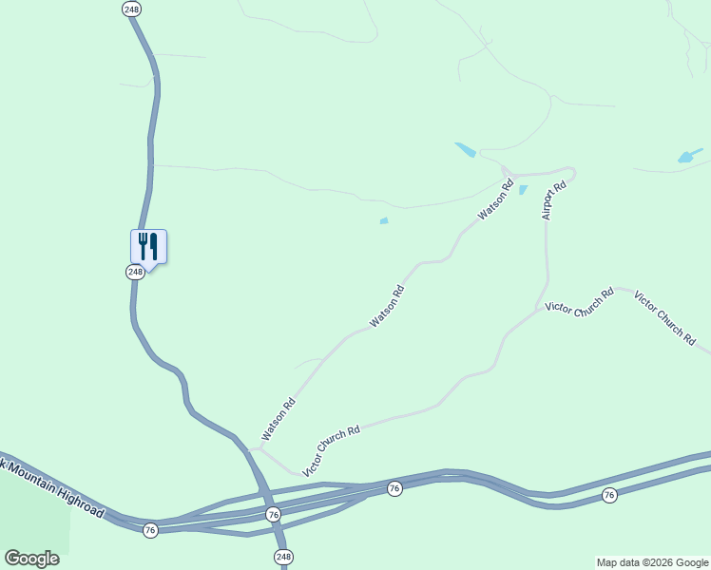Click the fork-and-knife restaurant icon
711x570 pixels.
[148, 246]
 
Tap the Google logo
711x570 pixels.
[32, 559]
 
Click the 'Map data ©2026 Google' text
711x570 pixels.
[652, 562]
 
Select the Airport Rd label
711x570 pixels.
[553, 200]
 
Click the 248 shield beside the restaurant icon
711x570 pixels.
[135, 272]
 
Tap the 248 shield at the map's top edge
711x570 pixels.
[132, 9]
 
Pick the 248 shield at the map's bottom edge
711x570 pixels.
[283, 556]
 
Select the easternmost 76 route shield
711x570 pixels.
[609, 495]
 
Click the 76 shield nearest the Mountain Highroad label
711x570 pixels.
[150, 529]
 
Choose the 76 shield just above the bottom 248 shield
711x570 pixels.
[274, 514]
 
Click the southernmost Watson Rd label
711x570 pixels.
[279, 419]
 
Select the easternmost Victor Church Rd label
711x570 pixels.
[664, 317]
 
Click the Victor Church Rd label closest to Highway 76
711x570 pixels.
[331, 450]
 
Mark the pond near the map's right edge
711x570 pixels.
[688, 156]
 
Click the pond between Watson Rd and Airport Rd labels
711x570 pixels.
[523, 189]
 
